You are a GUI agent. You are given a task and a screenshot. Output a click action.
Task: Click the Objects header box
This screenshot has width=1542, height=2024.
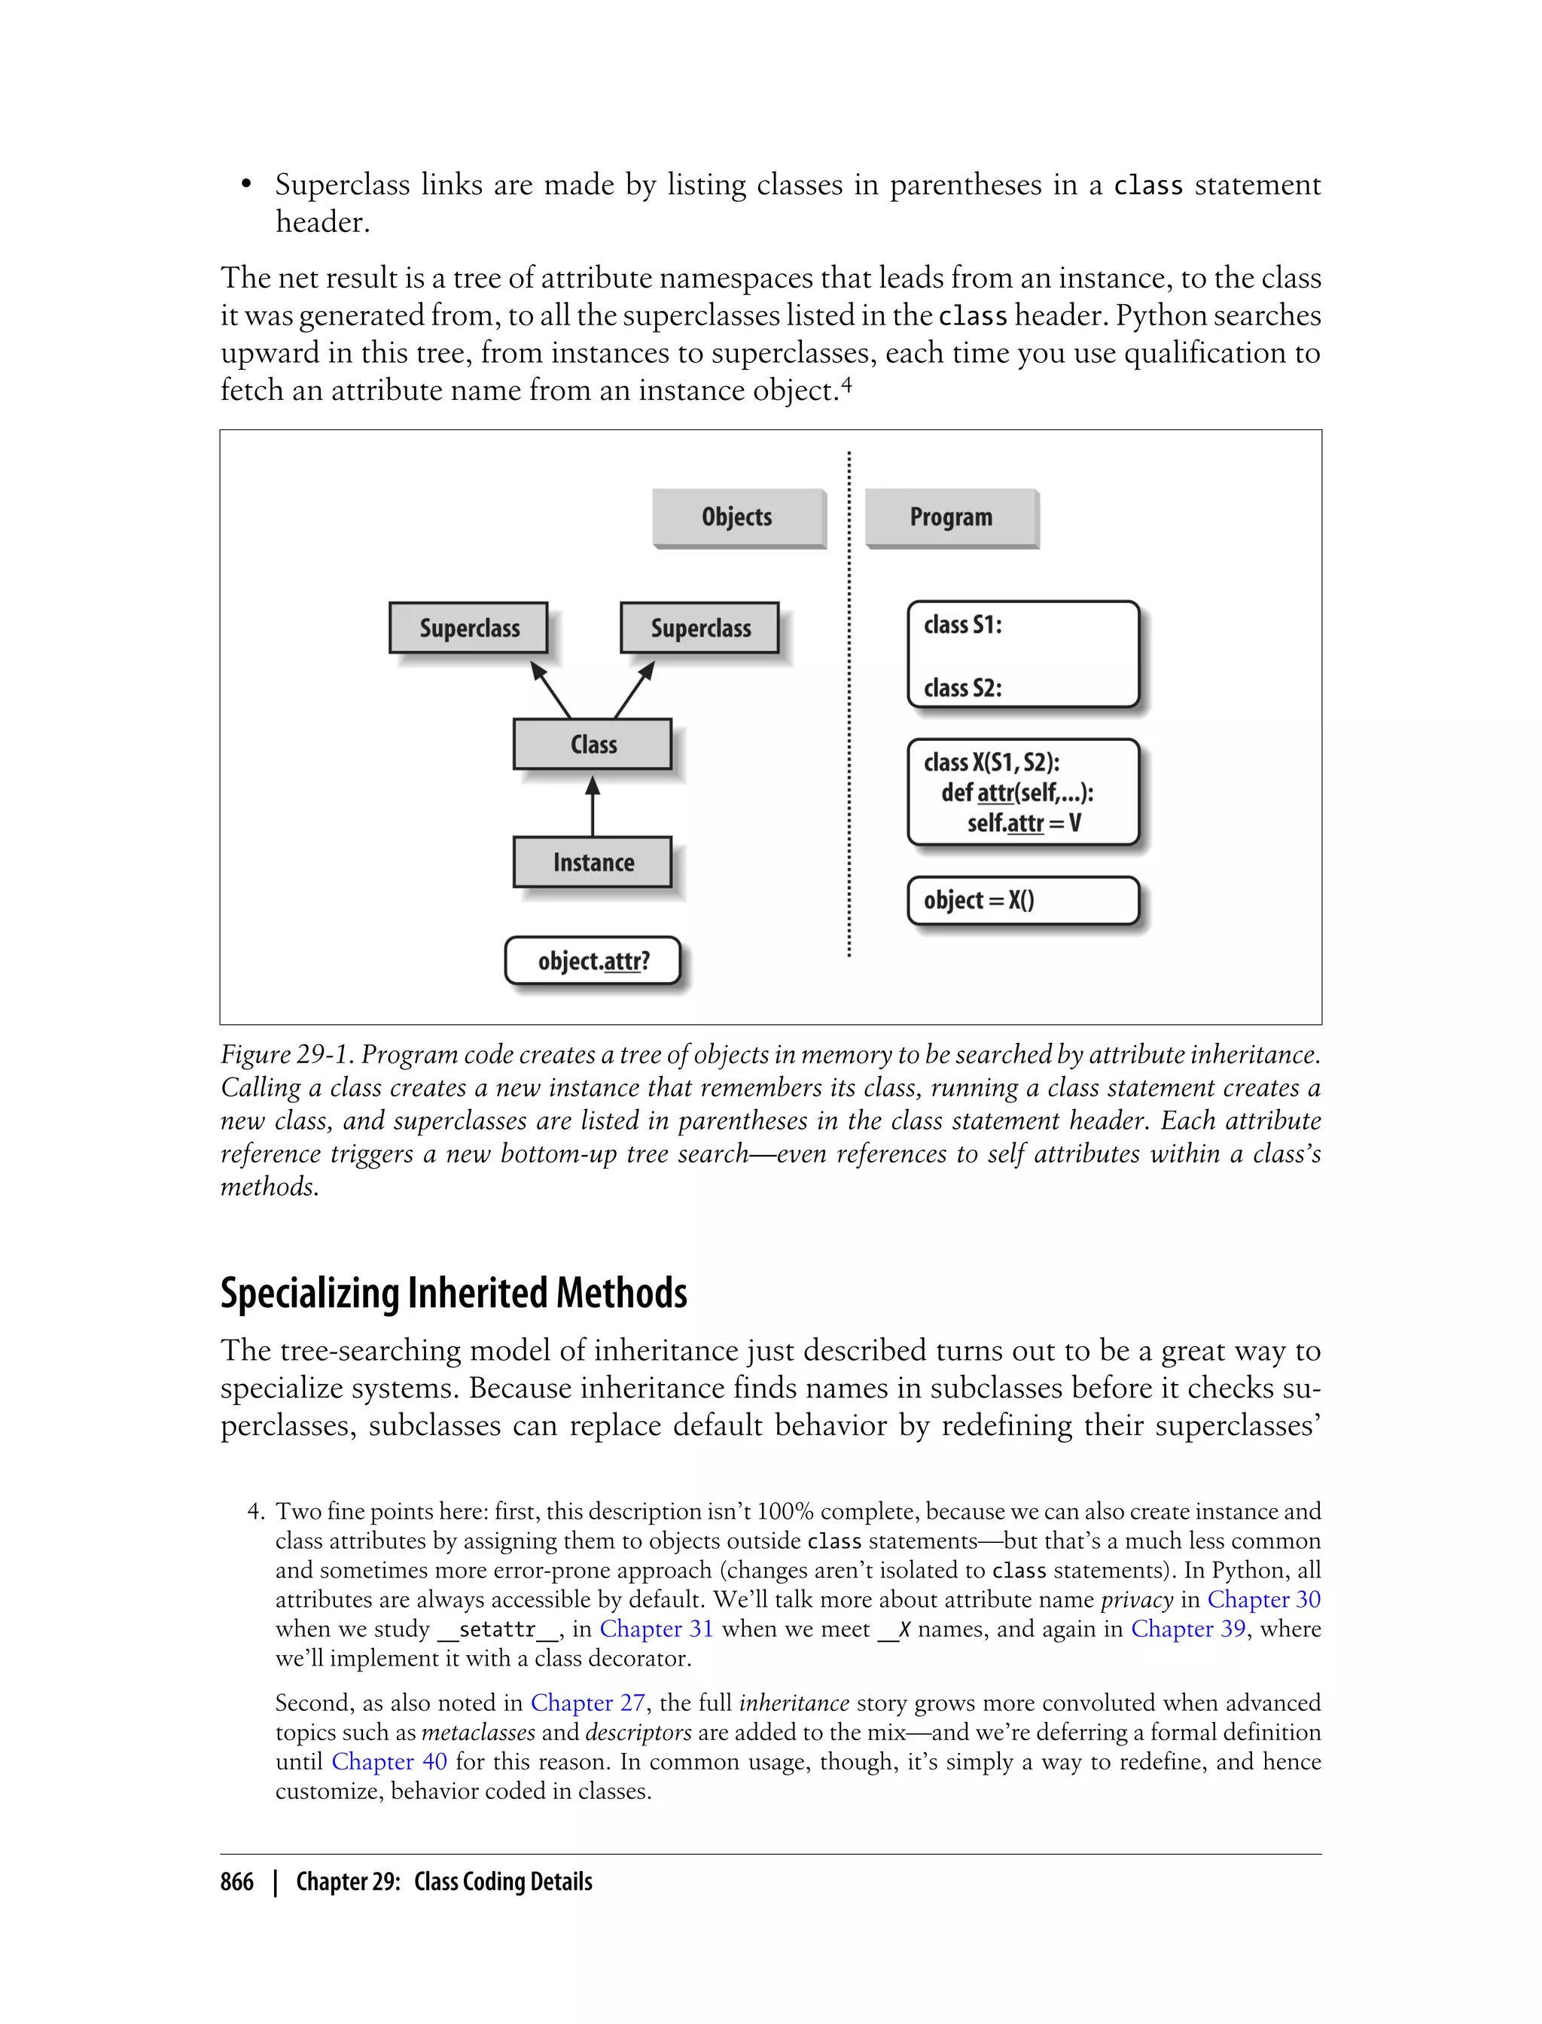[738, 518]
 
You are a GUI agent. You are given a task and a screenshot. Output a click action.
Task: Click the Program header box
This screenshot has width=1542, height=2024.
[951, 518]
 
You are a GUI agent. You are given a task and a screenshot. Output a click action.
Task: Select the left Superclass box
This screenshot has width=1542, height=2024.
[468, 628]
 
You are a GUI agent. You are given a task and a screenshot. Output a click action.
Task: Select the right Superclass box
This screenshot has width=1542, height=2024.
[699, 628]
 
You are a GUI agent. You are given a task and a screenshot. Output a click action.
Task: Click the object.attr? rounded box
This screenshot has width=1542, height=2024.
[593, 961]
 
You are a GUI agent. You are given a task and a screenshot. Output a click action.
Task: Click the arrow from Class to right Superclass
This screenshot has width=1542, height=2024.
[634, 690]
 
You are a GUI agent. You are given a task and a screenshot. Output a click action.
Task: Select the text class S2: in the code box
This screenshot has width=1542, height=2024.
[962, 687]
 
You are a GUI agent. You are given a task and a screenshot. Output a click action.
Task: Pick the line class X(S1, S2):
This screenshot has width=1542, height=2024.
[992, 762]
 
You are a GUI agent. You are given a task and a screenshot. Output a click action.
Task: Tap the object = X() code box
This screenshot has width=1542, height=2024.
[1022, 901]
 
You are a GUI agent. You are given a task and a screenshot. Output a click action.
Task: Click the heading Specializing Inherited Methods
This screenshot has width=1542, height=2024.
[453, 1294]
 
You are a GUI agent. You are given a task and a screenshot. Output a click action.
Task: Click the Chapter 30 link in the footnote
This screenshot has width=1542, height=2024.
[1263, 1599]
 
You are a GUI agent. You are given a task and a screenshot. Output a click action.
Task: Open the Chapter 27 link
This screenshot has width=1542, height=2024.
[587, 1702]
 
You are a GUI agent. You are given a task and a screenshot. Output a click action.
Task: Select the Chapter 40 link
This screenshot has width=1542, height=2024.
[389, 1761]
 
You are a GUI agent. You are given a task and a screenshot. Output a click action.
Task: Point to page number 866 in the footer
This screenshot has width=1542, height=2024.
[237, 1882]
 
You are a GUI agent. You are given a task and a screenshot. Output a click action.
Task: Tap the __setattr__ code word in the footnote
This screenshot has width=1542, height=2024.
[498, 1629]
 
